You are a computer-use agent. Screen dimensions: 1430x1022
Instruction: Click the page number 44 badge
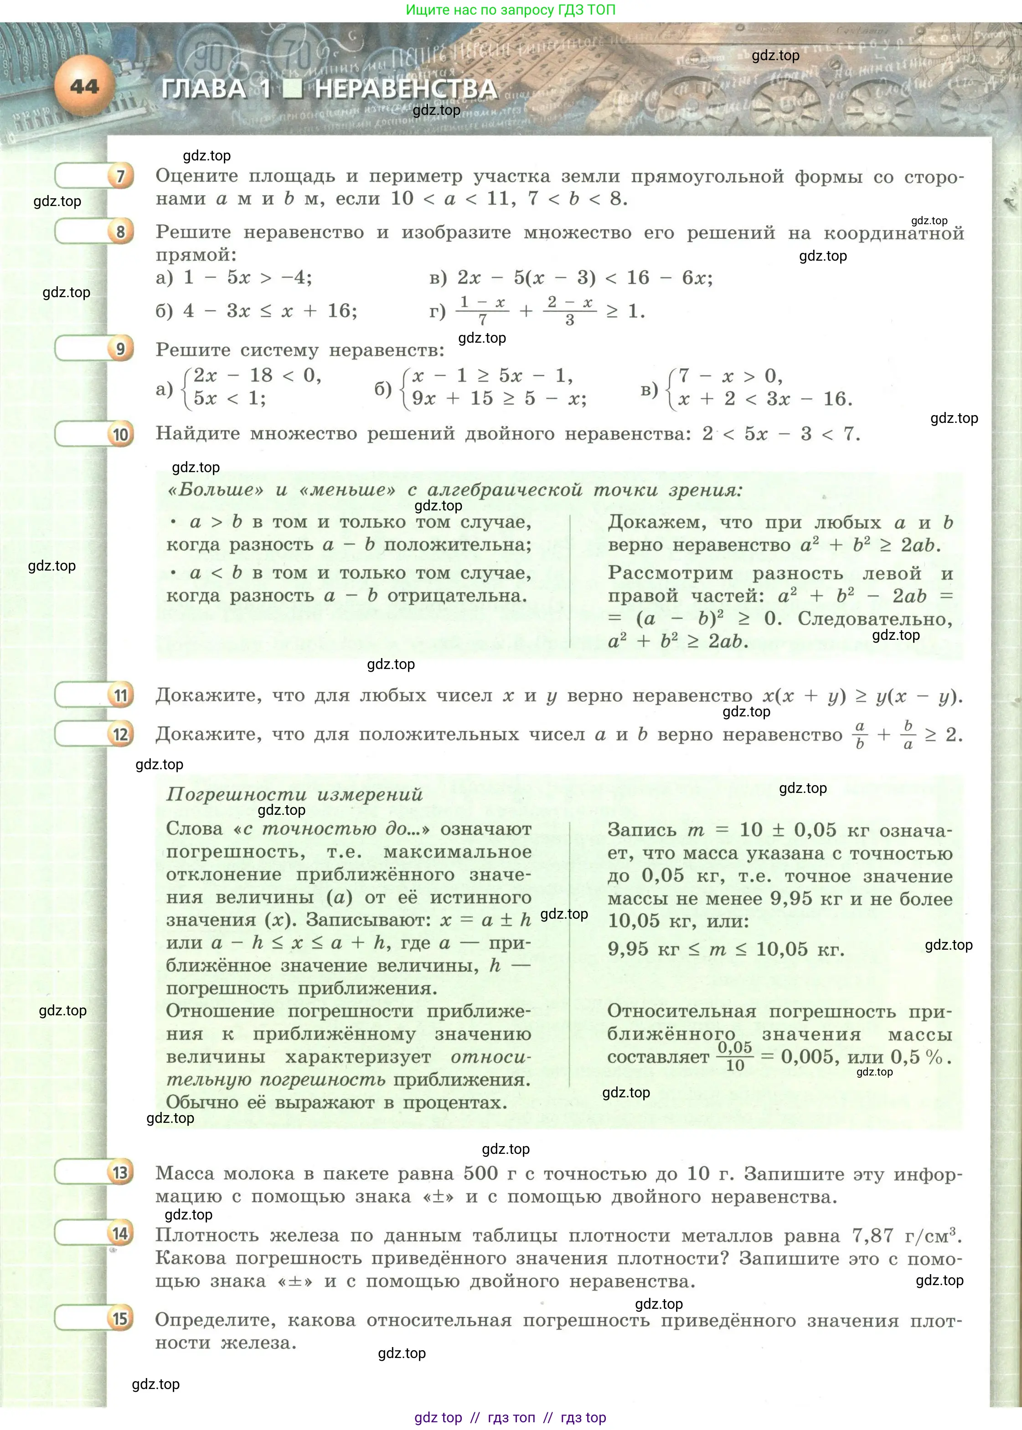[x=84, y=86]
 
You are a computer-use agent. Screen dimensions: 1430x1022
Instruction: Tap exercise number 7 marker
[x=120, y=176]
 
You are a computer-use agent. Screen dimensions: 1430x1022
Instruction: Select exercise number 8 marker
[x=120, y=232]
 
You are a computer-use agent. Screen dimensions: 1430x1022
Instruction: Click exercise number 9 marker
[x=120, y=349]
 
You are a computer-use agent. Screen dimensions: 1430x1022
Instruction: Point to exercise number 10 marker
[x=120, y=435]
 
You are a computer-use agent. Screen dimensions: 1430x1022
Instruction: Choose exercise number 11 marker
[x=120, y=696]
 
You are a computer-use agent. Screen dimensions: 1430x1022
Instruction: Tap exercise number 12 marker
[x=120, y=734]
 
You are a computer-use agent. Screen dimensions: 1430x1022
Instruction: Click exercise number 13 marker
[x=120, y=1173]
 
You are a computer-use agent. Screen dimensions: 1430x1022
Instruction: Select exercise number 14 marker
[x=120, y=1234]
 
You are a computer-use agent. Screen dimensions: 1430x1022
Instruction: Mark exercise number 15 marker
[x=120, y=1319]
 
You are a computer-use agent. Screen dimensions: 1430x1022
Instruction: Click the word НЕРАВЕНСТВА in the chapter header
[x=406, y=89]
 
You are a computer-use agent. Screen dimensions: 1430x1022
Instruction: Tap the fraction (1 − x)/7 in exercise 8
[x=482, y=311]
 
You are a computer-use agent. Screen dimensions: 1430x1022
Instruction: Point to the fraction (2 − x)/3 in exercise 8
[x=569, y=311]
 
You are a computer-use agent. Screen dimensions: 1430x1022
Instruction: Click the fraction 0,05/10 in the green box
[x=734, y=1056]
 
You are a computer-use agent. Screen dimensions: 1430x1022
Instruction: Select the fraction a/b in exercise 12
[x=860, y=735]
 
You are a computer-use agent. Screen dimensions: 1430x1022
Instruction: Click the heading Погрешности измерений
[x=294, y=794]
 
